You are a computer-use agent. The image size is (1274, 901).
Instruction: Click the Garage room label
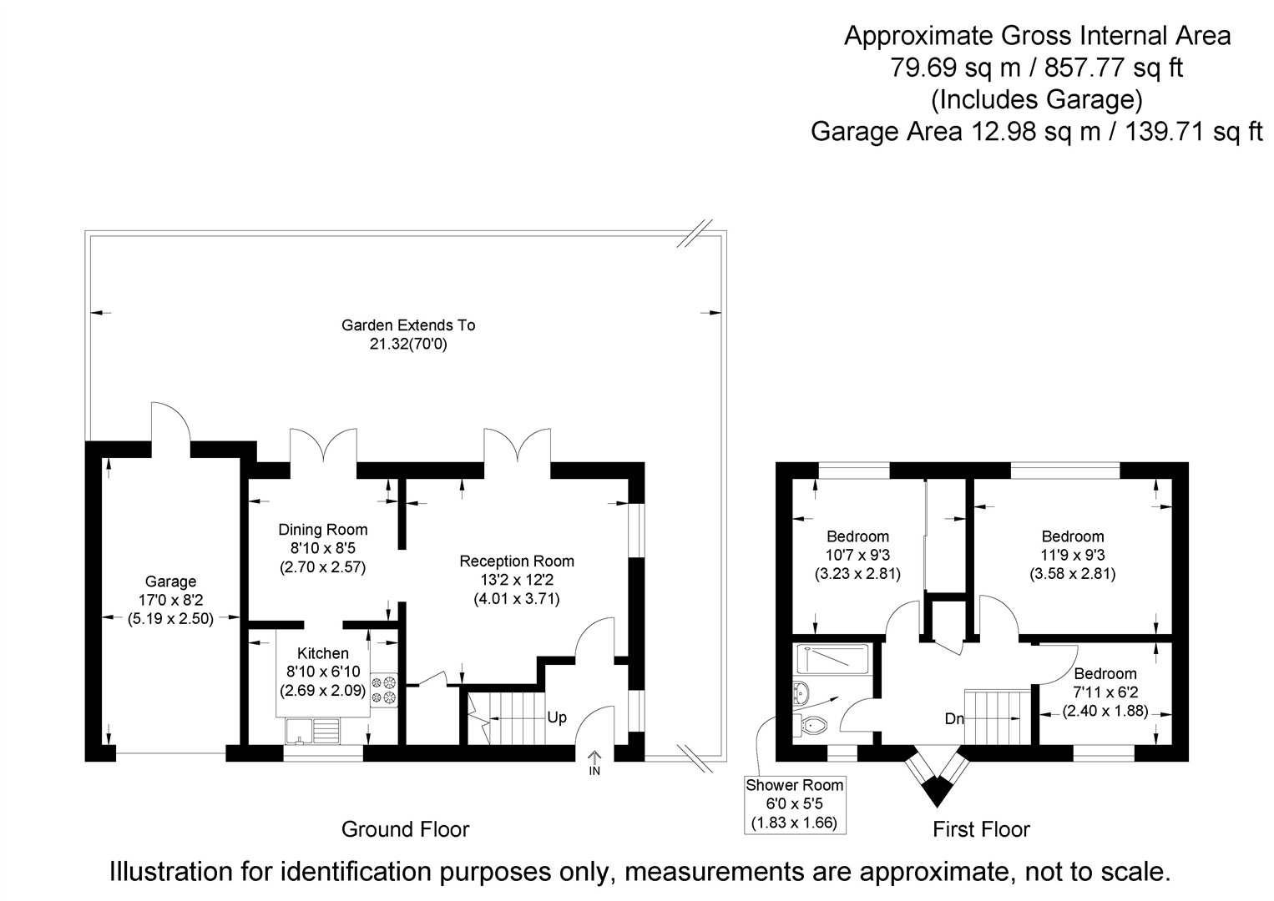pos(170,581)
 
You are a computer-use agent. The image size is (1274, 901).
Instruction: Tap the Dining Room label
pos(322,530)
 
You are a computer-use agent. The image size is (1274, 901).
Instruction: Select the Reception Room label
pos(517,561)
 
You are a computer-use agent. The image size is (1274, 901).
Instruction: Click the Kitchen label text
pos(323,653)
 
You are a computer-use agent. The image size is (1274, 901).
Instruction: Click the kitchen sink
pos(313,731)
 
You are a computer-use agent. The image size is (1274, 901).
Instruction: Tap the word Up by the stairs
pos(556,717)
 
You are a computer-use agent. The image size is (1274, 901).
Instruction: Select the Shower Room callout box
pos(794,804)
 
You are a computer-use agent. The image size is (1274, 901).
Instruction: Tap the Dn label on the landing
pos(954,718)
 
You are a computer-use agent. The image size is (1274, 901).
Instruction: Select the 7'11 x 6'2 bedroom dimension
pos(1105,692)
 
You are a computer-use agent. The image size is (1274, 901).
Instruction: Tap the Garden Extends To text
pos(408,325)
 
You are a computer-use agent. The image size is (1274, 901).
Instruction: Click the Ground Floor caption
pos(405,829)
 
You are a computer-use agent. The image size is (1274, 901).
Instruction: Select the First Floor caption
pos(981,829)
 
